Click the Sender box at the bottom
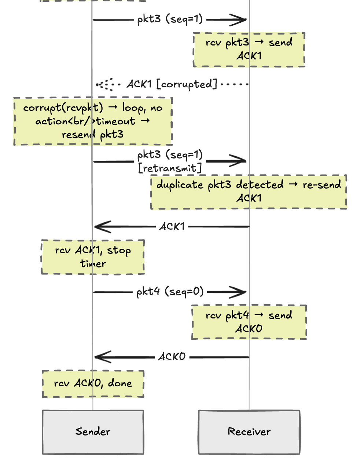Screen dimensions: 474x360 tap(93, 432)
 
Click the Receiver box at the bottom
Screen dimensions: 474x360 tap(249, 432)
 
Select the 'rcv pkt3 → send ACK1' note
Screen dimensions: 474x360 tap(249, 50)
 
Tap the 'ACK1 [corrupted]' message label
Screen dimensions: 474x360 tap(172, 84)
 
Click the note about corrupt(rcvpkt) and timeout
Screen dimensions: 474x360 tap(93, 121)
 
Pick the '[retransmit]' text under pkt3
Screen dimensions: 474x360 tap(170, 168)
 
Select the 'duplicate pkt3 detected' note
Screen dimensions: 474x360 tap(249, 192)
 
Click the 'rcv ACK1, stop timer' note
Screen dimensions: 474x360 tap(93, 257)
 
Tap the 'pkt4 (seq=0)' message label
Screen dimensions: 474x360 tap(170, 292)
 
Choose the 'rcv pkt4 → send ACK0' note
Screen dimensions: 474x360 tap(249, 322)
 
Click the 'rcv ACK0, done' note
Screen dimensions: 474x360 tap(93, 383)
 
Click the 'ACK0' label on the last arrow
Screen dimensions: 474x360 tap(172, 357)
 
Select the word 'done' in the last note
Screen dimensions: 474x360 tap(120, 383)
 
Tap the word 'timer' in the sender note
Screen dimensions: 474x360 tap(93, 263)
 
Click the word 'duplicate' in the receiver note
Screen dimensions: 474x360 tap(180, 185)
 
